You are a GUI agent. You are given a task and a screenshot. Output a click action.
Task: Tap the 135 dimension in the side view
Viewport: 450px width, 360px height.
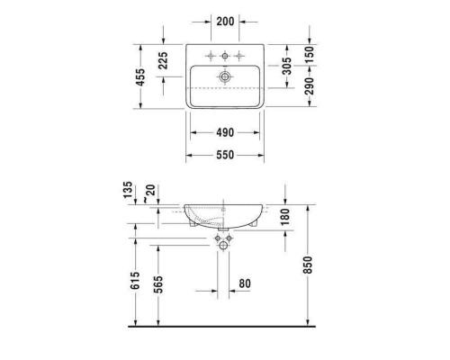tap(128, 190)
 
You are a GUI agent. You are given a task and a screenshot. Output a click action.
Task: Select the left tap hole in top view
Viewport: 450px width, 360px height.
tap(208, 57)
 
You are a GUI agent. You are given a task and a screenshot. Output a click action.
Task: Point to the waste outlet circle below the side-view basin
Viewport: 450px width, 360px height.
tap(223, 246)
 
